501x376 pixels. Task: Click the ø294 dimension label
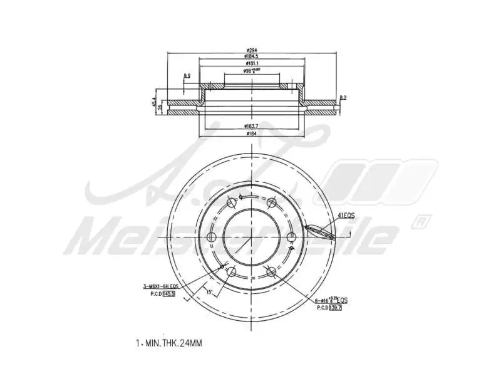(252, 50)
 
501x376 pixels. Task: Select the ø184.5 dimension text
(252, 56)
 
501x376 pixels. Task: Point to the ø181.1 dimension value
(252, 63)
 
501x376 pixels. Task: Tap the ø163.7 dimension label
(252, 126)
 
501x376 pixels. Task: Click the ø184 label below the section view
(252, 133)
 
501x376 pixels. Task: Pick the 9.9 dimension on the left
(187, 76)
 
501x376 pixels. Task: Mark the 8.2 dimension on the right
(343, 97)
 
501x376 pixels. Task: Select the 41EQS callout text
(346, 215)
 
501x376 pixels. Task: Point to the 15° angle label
(209, 291)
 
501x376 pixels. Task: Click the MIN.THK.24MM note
(169, 343)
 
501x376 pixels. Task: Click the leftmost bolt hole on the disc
(211, 237)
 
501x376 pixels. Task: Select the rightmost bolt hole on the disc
(292, 237)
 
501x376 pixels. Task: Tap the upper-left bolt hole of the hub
(232, 202)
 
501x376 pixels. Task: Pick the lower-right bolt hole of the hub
(271, 272)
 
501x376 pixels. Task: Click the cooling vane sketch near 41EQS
(319, 232)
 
